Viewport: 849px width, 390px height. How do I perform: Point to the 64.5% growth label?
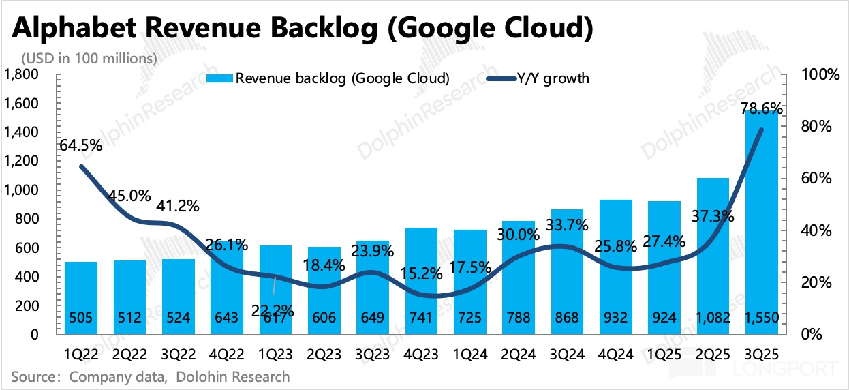coord(81,145)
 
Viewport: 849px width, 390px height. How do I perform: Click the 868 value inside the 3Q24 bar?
coord(567,318)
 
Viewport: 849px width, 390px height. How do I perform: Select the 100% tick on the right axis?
coord(820,74)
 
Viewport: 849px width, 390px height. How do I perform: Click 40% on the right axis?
coord(817,230)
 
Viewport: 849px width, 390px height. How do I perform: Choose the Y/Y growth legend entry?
coord(538,78)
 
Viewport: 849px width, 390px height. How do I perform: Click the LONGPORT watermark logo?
coord(750,369)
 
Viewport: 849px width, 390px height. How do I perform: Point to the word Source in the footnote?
coord(34,376)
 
